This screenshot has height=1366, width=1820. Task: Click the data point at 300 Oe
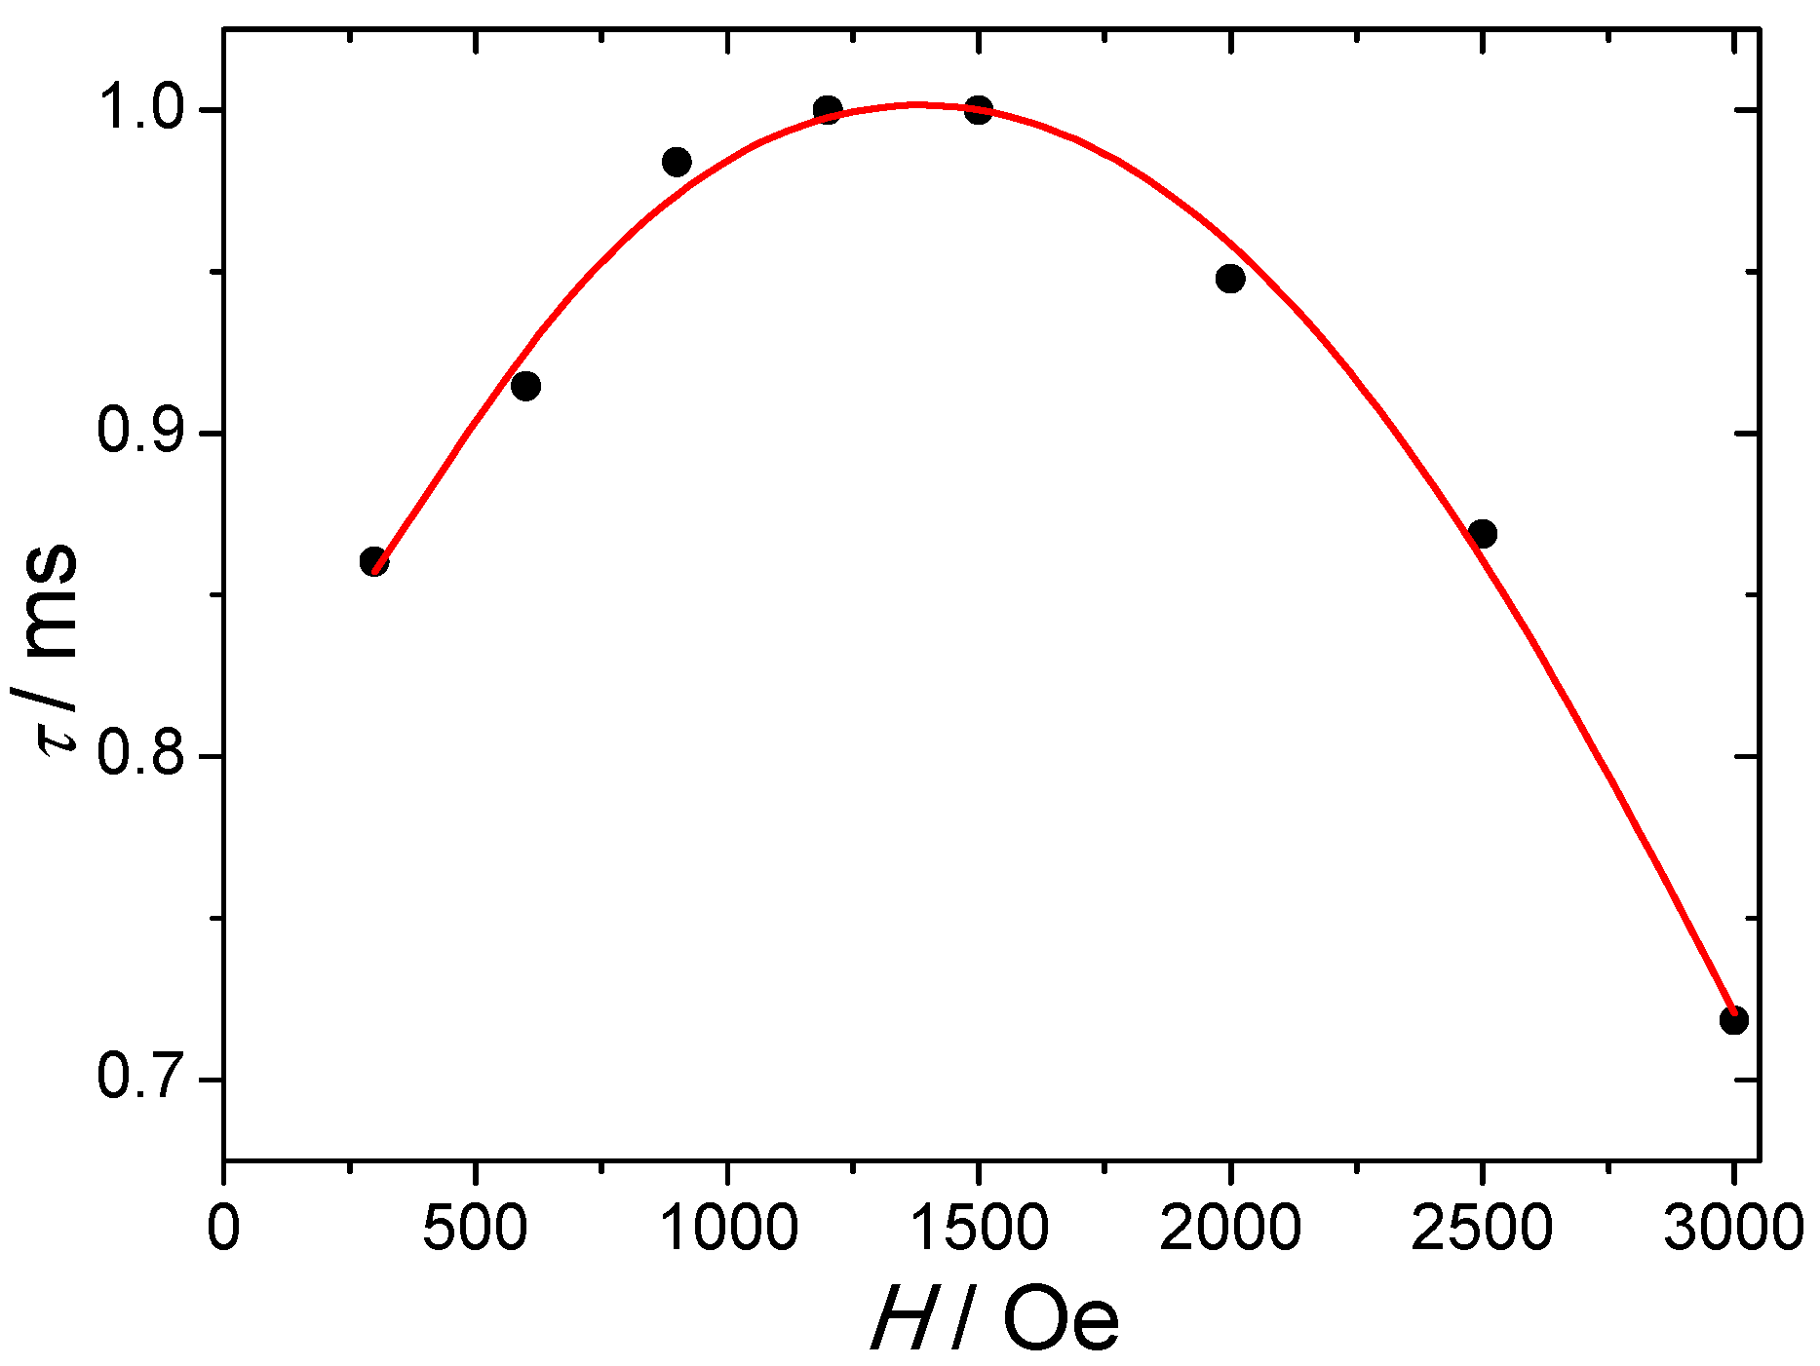(374, 562)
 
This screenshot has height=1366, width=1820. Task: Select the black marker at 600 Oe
(525, 386)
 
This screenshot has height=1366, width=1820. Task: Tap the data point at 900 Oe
(677, 162)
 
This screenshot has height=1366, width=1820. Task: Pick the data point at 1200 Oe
(828, 108)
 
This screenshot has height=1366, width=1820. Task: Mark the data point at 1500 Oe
(979, 109)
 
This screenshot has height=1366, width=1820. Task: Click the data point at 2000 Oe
(1230, 279)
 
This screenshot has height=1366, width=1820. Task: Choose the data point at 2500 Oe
(1482, 534)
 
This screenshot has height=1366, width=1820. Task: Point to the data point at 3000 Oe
(1733, 1021)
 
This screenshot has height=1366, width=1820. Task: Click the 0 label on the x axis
(224, 1228)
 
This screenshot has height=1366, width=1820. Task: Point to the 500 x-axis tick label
(475, 1228)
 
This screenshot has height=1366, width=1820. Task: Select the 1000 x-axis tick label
(727, 1228)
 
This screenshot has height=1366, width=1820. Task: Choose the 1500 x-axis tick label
(979, 1228)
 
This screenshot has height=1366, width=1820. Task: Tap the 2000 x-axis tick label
(1230, 1228)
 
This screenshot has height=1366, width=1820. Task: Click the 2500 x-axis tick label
(1482, 1228)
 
